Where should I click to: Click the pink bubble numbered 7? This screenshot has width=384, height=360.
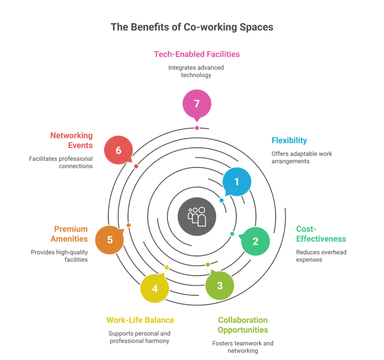click(x=197, y=104)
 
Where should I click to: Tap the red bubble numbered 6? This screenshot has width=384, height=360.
click(x=118, y=150)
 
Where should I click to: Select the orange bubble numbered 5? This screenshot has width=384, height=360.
click(x=109, y=240)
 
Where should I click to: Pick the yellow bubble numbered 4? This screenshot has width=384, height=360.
click(x=154, y=289)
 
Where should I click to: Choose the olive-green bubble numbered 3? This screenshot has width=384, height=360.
click(x=220, y=285)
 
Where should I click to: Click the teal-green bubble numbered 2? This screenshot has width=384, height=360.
click(x=255, y=241)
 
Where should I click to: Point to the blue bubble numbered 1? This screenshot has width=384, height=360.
click(x=237, y=182)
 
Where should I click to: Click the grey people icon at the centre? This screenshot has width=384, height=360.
click(x=197, y=217)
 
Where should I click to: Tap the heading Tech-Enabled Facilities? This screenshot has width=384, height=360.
click(x=197, y=54)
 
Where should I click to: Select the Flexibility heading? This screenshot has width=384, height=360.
click(x=289, y=141)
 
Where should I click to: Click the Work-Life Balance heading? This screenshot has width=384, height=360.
click(x=140, y=320)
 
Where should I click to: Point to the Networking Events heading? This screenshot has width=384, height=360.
click(x=71, y=140)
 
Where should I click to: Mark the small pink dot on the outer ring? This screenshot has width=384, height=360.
click(x=197, y=128)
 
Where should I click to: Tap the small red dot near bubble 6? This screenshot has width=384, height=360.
click(x=136, y=166)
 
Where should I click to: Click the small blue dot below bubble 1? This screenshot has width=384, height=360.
click(x=222, y=200)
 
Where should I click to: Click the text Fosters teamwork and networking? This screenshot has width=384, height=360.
click(x=243, y=347)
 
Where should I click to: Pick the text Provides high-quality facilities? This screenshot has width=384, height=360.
click(x=59, y=256)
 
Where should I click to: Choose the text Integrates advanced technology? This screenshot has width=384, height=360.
click(x=196, y=71)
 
